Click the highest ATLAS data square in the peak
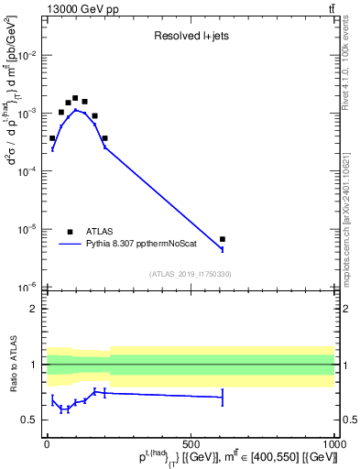(75, 98)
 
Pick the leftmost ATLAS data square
(52, 138)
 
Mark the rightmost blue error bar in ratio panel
(223, 398)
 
